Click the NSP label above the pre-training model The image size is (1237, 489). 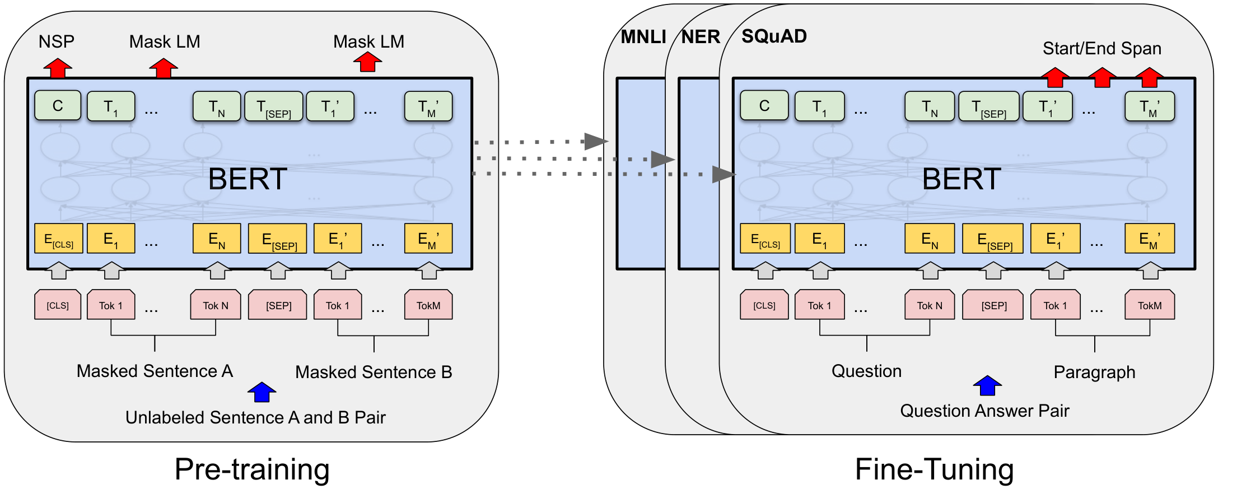(57, 41)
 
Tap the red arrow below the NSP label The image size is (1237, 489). (58, 68)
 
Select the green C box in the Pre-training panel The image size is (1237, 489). (58, 106)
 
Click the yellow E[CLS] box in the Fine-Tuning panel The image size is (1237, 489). (765, 239)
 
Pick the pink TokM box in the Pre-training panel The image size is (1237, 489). (428, 305)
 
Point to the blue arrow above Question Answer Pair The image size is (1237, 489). (987, 385)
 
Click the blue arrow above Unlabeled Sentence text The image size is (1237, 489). (262, 392)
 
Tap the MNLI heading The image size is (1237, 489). (643, 37)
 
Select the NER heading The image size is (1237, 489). (701, 37)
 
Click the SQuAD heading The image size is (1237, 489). (774, 36)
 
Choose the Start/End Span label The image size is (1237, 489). (1102, 49)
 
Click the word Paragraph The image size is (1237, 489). (1094, 372)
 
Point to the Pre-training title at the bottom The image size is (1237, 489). (252, 469)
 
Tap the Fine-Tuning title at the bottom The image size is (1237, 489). (934, 469)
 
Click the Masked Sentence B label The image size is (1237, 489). (374, 372)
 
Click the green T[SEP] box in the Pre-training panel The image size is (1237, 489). (274, 106)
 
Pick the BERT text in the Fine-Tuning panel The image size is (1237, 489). (961, 179)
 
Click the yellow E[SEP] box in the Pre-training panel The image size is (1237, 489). (277, 239)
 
